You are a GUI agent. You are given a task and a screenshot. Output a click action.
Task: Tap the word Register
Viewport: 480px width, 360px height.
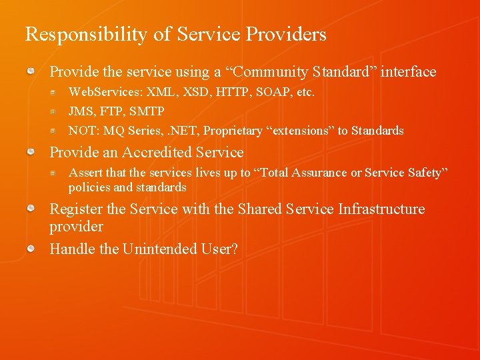(x=76, y=209)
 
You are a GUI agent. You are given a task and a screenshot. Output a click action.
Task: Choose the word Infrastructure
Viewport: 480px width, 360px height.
(x=381, y=209)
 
